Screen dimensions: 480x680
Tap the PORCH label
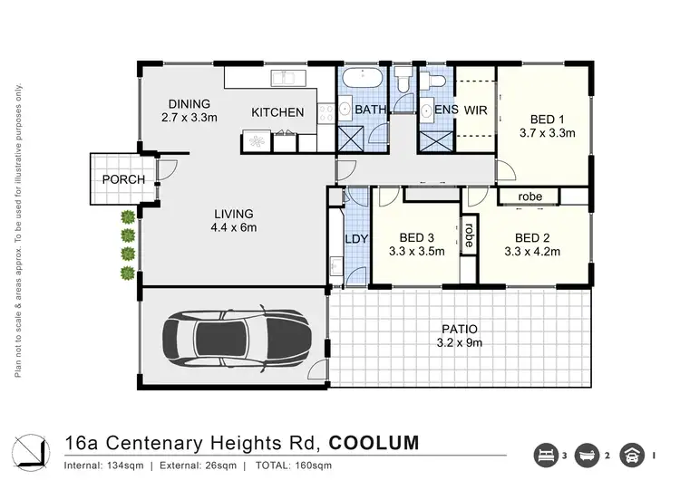(123, 179)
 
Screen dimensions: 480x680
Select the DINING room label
(188, 104)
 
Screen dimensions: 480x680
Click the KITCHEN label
(277, 112)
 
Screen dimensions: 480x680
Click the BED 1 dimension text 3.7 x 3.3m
(549, 133)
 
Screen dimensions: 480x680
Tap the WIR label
(476, 110)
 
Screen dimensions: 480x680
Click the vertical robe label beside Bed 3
(469, 235)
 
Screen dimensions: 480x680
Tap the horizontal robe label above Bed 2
(530, 197)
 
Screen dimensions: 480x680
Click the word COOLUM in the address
(374, 444)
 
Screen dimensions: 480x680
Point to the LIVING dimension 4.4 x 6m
(228, 227)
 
